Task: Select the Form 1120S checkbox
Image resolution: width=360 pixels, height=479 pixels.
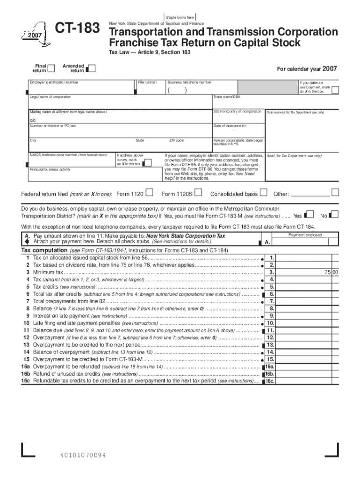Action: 199,192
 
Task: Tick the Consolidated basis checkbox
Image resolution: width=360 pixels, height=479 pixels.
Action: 263,192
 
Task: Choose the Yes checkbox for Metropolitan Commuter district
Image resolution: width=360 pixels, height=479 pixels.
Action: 309,215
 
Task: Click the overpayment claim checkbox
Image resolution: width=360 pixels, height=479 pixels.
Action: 335,91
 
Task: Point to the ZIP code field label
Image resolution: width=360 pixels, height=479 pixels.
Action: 176,140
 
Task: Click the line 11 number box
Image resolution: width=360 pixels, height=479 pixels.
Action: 270,330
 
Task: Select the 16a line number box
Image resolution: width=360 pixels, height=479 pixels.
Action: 270,367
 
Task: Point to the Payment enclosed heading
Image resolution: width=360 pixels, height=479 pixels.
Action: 305,235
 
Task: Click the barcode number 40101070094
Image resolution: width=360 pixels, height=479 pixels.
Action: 83,455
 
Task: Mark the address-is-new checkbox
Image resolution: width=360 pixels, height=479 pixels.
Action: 147,163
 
